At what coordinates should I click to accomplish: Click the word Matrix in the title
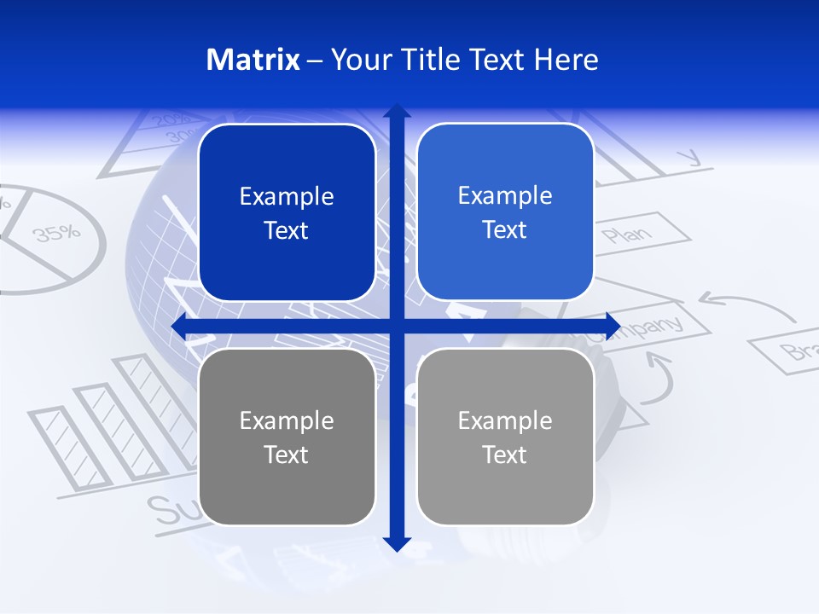[253, 60]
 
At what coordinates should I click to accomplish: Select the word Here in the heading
[566, 60]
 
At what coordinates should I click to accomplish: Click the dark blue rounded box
[287, 213]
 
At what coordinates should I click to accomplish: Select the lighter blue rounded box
[505, 212]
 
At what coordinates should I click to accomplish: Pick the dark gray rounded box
[287, 437]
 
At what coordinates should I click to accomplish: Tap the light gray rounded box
[505, 437]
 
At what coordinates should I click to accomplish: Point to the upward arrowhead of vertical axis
[397, 111]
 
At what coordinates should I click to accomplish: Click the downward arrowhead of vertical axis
[397, 543]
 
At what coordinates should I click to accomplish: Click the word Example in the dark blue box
[287, 197]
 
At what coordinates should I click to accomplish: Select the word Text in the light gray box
[505, 455]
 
